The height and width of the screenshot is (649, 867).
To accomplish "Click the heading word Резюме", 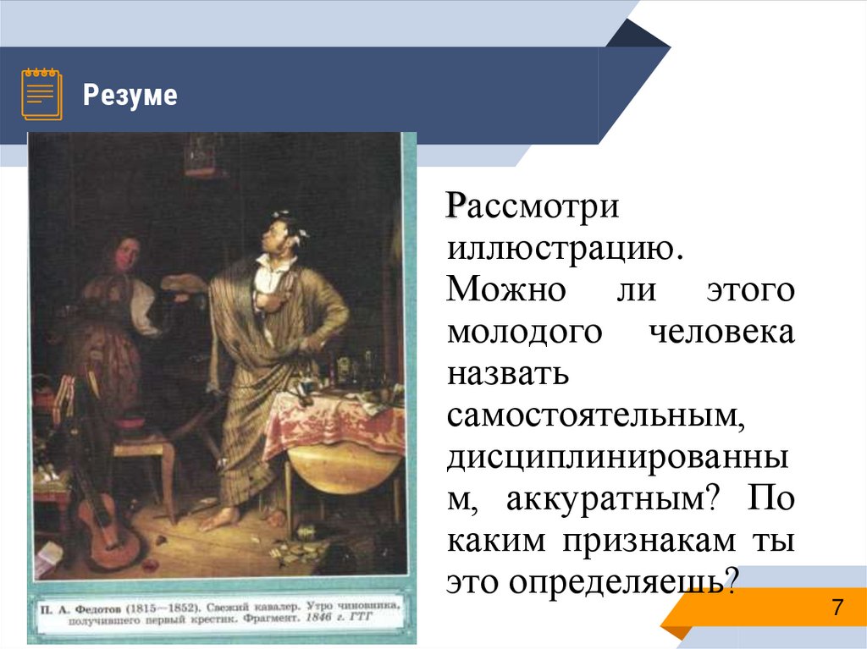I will point(130,96).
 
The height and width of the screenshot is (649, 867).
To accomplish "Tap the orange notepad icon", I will point(41,92).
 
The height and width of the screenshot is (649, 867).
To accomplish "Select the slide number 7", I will point(837,608).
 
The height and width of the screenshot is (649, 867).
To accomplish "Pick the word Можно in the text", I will point(506,289).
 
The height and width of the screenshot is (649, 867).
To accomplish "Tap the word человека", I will point(722,331).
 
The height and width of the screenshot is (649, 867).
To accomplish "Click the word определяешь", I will point(618,581).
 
